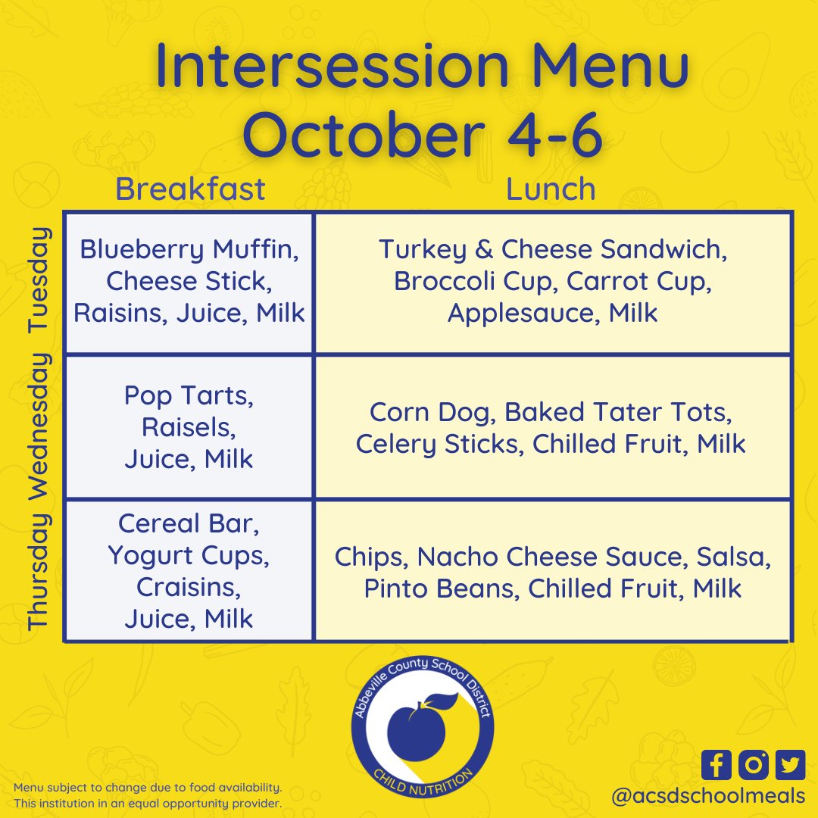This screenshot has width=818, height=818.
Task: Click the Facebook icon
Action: coord(717,765)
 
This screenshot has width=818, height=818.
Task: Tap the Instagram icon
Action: coord(753,765)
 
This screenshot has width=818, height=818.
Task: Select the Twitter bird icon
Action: coord(790,765)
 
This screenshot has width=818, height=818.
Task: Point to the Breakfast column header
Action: coord(190,189)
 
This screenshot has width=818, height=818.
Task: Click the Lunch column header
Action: coord(551,189)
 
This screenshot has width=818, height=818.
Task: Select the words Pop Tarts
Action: coord(189,396)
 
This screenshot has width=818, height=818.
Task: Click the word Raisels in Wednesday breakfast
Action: coord(189,427)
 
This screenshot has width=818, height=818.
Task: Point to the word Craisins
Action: coord(189,587)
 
